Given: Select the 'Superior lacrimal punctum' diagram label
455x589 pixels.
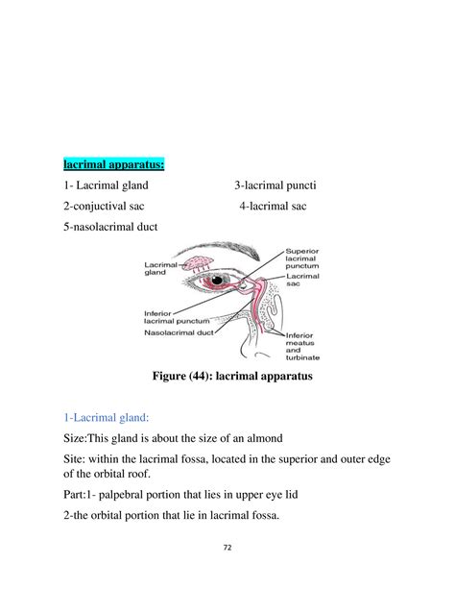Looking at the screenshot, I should pyautogui.click(x=308, y=258).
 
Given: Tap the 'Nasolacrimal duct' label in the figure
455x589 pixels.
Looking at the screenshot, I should pyautogui.click(x=177, y=334).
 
